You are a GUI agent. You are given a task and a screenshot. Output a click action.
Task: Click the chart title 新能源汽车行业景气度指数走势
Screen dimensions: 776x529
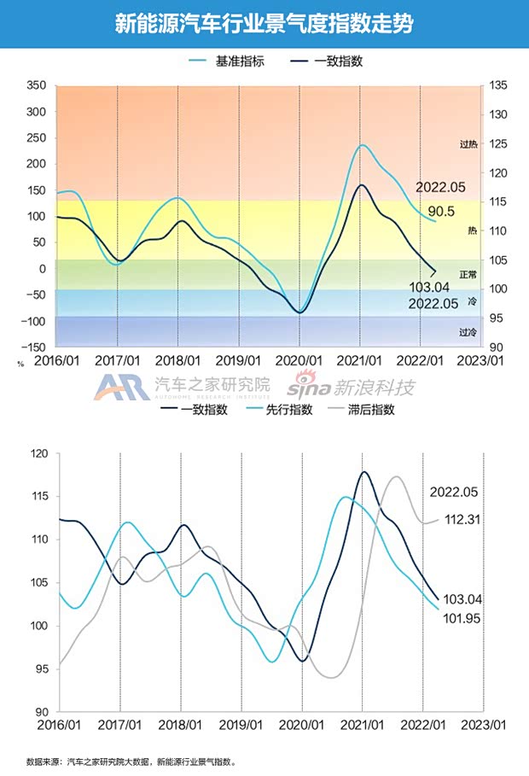(264, 24)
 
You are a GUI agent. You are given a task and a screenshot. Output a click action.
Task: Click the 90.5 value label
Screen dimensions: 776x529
(440, 212)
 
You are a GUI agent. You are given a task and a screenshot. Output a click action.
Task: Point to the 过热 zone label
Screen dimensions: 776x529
(468, 144)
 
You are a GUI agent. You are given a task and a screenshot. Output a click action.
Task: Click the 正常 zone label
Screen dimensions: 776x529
(468, 274)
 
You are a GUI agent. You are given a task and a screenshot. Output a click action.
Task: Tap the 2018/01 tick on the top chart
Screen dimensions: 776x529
(177, 361)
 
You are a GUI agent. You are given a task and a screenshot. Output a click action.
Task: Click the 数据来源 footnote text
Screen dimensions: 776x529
(131, 761)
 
